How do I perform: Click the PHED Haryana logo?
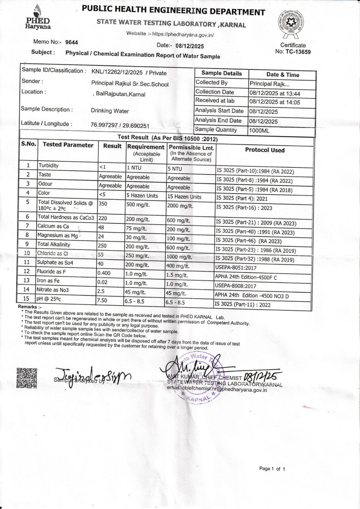coord(38,17)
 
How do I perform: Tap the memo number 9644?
coord(72,42)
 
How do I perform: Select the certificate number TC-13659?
coord(298,52)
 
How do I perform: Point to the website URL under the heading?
coord(171,35)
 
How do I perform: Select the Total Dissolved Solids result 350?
coord(103,204)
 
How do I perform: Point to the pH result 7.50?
coord(103,300)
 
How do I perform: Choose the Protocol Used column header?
coord(265,150)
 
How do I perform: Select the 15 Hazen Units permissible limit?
coord(184,197)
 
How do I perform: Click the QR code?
coord(27,378)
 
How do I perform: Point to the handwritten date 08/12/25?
coord(263,376)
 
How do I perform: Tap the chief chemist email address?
coord(217,389)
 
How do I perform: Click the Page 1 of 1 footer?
coord(272,469)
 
